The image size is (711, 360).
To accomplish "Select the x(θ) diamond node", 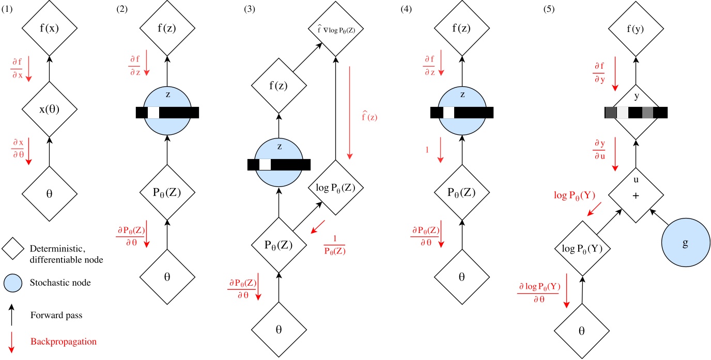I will point(49,109).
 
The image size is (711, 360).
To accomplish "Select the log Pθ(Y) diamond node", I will point(582,248).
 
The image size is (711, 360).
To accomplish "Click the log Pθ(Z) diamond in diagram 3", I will point(337,187).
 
